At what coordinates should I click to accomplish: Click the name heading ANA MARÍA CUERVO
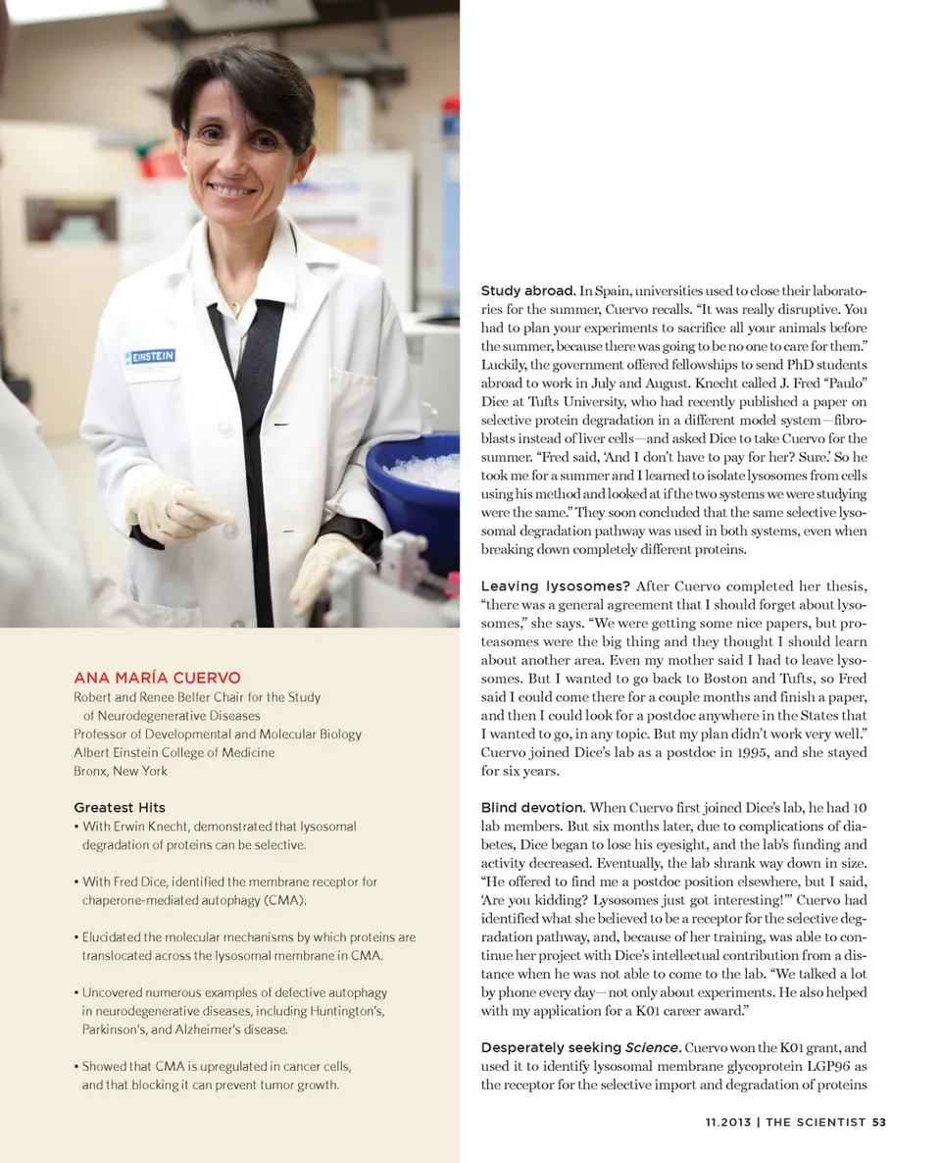click(x=157, y=678)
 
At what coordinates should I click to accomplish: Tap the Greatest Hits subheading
click(x=120, y=807)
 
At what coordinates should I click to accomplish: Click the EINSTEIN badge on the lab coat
click(x=150, y=356)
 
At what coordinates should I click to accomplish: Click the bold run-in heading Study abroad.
click(x=527, y=291)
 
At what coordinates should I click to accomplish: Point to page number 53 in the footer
click(x=878, y=1122)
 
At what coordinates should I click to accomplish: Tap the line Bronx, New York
click(x=121, y=771)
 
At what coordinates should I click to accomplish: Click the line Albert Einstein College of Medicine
click(x=174, y=752)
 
